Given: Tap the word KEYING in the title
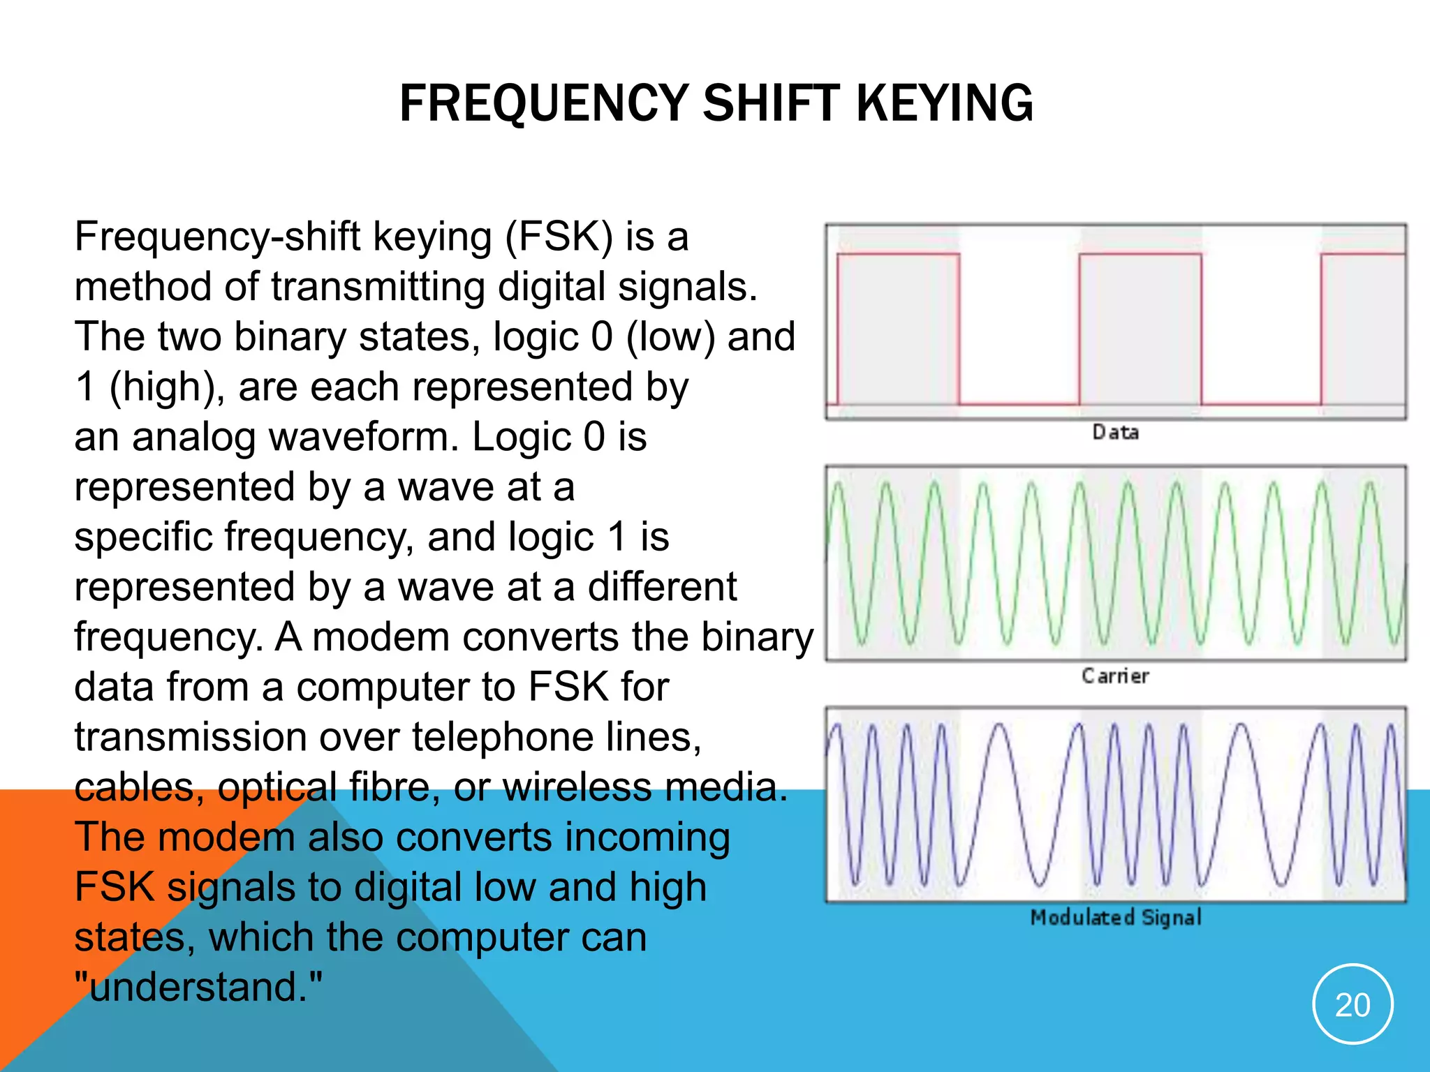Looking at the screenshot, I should [944, 103].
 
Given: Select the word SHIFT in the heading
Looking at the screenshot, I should [772, 103].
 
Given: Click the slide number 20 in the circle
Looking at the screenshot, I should [1352, 1005].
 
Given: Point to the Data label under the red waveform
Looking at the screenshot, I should [1116, 433].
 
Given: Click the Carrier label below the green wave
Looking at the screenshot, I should [1116, 676].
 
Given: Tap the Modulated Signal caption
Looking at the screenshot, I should [1116, 917].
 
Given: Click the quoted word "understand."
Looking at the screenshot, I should [199, 988].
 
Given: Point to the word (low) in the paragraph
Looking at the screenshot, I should [670, 337].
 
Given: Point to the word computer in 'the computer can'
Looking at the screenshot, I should [482, 937].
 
